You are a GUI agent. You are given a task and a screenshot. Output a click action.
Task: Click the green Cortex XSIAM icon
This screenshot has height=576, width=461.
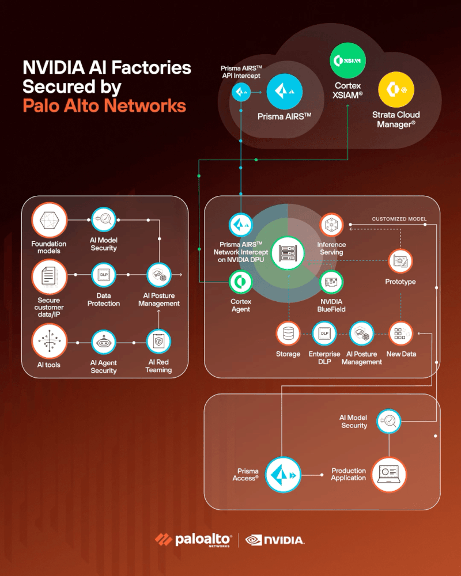pos(347,60)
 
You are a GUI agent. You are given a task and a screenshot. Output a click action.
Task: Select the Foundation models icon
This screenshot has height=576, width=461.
pos(49,221)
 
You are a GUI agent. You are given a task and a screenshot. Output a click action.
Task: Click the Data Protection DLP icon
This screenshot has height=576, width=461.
pos(104,275)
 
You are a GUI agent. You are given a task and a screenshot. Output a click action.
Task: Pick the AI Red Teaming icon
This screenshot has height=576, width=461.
pos(158,343)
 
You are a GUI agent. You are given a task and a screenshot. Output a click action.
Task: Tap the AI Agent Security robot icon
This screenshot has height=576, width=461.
pos(104,343)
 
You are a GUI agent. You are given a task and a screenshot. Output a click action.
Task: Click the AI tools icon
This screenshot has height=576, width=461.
pos(49,342)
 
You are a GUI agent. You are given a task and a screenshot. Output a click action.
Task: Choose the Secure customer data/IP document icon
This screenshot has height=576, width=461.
pos(49,276)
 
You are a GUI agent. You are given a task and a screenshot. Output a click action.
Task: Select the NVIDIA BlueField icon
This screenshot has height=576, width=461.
pos(331,282)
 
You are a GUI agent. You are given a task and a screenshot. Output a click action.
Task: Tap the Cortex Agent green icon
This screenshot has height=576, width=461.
pos(241,282)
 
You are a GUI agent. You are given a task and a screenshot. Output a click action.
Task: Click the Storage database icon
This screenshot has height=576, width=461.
pos(288,334)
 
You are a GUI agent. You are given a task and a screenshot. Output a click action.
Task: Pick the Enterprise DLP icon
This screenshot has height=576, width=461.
pos(324,334)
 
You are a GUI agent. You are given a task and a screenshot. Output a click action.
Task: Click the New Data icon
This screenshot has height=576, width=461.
pos(401,334)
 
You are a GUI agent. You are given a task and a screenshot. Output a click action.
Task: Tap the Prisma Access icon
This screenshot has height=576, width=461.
pos(282,475)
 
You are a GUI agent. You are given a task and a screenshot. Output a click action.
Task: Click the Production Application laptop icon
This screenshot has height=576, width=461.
pos(389,475)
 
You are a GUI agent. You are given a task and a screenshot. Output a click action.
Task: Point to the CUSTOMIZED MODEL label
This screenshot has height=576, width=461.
pos(399,219)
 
